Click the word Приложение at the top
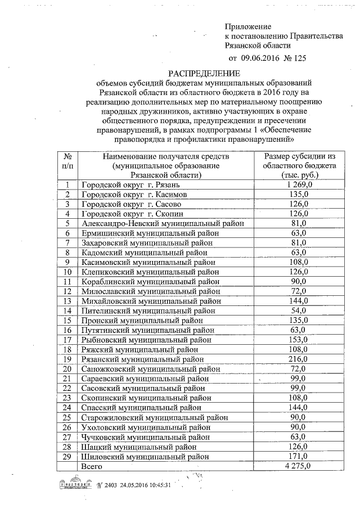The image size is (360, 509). click(248, 26)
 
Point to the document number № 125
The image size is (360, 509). click(299, 57)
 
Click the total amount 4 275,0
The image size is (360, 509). click(298, 466)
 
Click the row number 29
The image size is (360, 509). click(67, 456)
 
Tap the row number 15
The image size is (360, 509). click(67, 320)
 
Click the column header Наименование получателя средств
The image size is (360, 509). click(163, 156)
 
